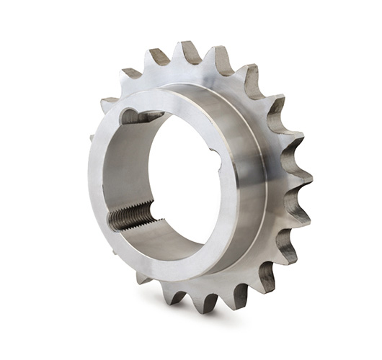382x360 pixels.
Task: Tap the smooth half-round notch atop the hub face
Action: (x=133, y=115)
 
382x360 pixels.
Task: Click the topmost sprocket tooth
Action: (x=190, y=52)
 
